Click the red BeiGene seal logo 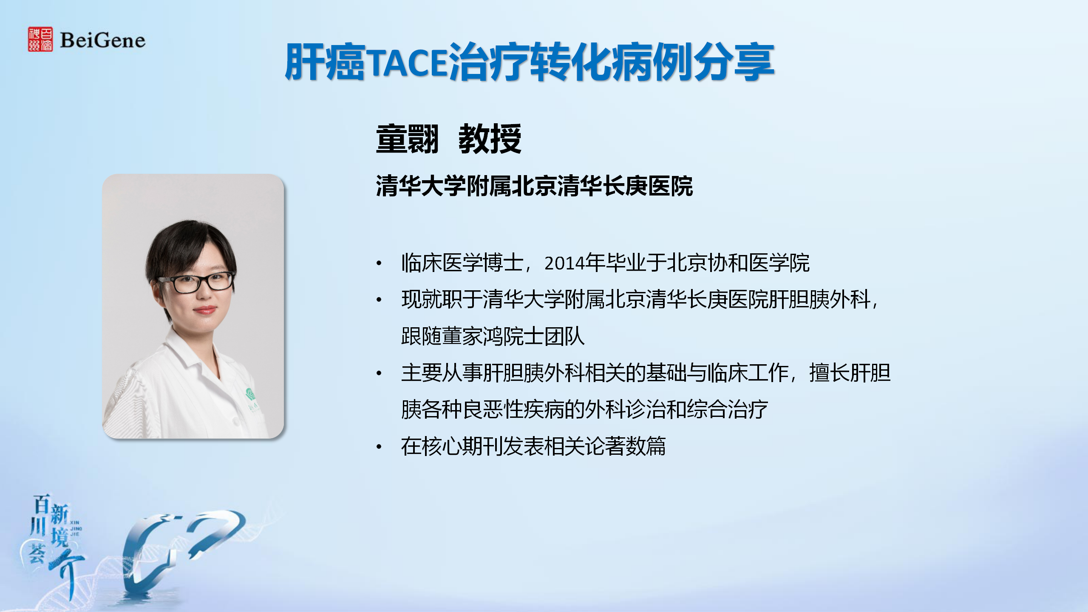coord(40,40)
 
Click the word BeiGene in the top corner coord(102,40)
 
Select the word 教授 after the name coord(490,139)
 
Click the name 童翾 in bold coord(407,139)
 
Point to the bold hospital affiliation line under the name coord(534,186)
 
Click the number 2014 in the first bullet coord(564,263)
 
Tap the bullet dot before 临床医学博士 coord(379,263)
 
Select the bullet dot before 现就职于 coord(379,300)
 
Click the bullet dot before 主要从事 coord(379,374)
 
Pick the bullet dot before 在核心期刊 coord(379,447)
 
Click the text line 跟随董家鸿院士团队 coord(493,336)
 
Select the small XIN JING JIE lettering coord(75,528)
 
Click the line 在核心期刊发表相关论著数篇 coord(533,446)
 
